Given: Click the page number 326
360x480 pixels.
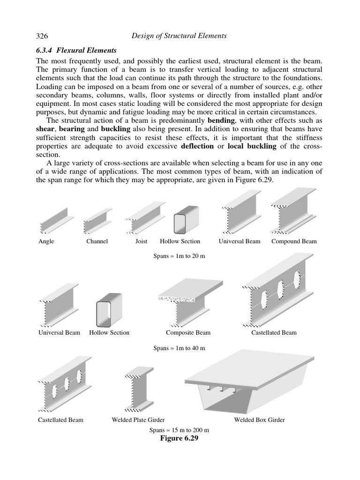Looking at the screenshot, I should pyautogui.click(x=43, y=36).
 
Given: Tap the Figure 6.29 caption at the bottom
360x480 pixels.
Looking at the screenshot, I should pyautogui.click(x=180, y=438).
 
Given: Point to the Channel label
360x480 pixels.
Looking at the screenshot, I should pyautogui.click(x=97, y=241).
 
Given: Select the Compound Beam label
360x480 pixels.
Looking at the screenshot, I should pyautogui.click(x=294, y=241).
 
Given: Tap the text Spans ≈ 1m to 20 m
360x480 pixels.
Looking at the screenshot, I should pyautogui.click(x=180, y=257).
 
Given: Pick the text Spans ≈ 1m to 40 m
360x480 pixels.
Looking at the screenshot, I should pyautogui.click(x=180, y=348).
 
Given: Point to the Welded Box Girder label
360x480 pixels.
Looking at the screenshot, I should pyautogui.click(x=259, y=420).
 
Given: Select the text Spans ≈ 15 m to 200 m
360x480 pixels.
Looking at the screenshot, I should pyautogui.click(x=179, y=430).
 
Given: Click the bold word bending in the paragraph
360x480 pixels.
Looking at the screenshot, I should pyautogui.click(x=222, y=120).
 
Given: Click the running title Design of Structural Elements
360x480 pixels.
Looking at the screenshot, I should pyautogui.click(x=180, y=36).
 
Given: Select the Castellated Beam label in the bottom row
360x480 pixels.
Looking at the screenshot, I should pyautogui.click(x=60, y=420).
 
